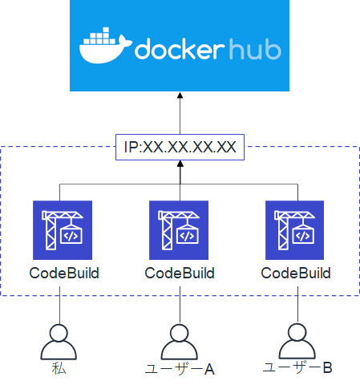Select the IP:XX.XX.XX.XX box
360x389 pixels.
180,146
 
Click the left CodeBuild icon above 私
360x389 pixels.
64,230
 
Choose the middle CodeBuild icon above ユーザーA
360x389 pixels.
180,230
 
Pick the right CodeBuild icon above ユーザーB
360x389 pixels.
296,230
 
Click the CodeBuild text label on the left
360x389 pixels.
64,273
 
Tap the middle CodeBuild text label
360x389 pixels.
180,273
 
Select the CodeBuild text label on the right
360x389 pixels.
296,273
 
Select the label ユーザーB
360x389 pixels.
297,367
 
